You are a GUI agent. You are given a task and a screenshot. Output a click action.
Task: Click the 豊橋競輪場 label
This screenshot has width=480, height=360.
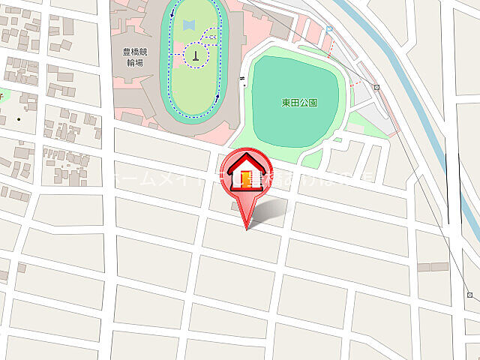click(136, 58)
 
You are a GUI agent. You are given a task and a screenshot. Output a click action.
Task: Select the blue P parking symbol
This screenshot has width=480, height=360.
click(329, 29)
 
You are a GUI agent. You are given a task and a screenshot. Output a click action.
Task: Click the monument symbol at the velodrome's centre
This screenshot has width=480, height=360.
click(195, 54)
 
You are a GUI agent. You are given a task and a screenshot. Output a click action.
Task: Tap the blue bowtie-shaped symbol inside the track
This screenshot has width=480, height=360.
click(187, 25)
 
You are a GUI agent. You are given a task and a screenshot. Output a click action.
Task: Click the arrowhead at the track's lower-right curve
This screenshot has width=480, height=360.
click(217, 96)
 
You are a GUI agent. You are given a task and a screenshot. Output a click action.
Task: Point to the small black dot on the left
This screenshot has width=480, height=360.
click(19, 118)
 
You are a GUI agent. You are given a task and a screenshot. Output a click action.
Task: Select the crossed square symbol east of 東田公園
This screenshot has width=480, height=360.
click(377, 87)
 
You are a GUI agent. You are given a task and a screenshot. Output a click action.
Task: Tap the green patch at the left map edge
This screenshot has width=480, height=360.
click(1, 95)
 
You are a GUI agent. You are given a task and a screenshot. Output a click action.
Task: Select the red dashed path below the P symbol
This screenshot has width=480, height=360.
click(328, 49)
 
